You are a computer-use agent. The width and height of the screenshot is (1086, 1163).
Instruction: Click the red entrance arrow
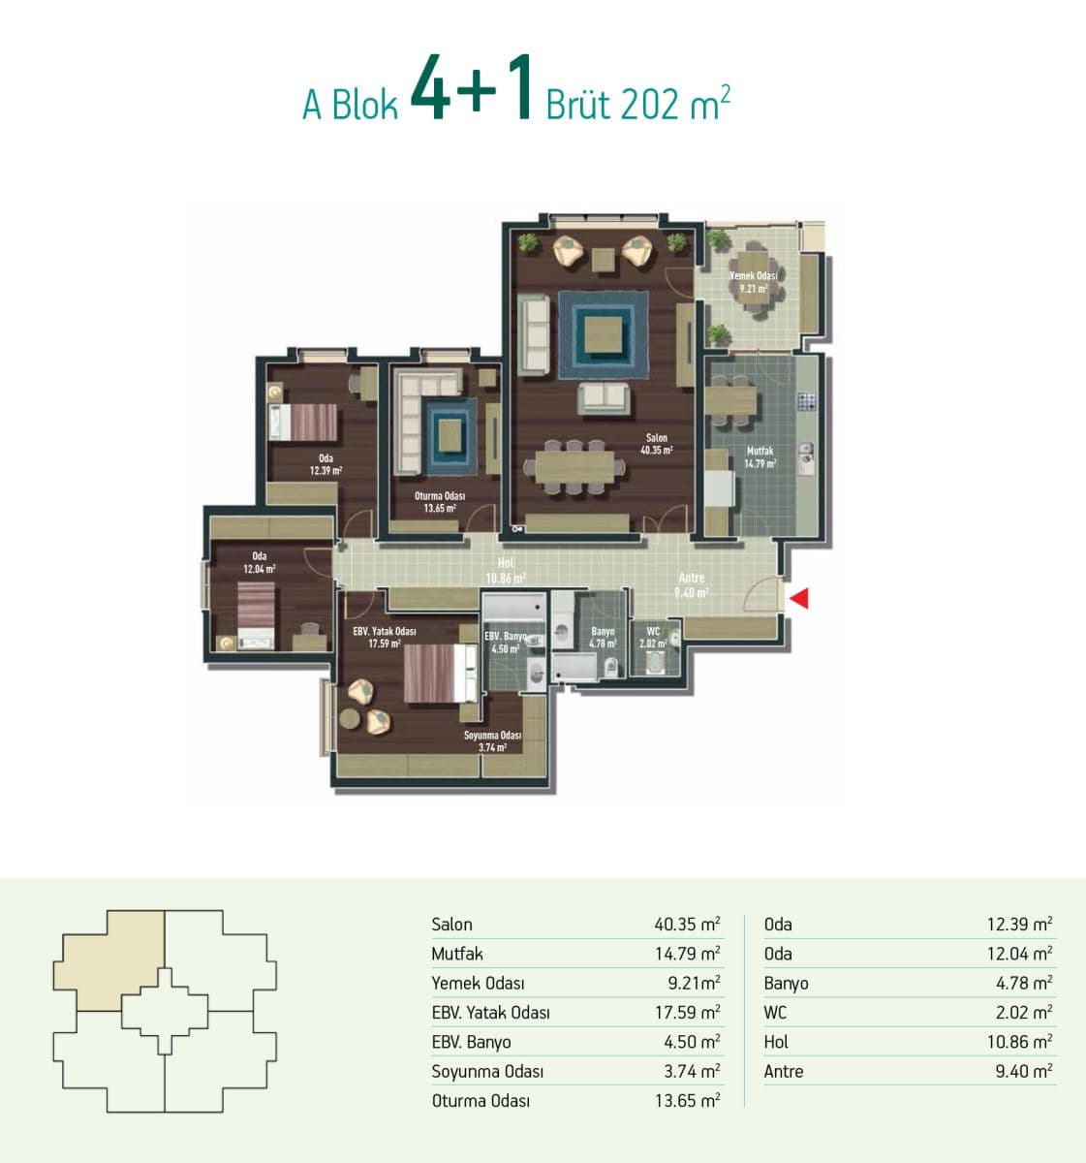[x=800, y=598]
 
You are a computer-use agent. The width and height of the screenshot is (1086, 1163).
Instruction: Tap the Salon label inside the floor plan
[x=656, y=437]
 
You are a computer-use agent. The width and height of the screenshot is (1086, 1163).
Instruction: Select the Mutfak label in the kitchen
[x=760, y=451]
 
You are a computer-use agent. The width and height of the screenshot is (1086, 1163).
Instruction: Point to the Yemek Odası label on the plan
[x=754, y=276]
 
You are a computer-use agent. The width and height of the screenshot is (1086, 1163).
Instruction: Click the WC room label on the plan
[x=653, y=631]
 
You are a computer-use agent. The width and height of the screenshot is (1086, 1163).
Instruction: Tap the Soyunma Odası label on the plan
[x=492, y=735]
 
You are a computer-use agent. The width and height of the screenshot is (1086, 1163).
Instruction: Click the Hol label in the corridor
[x=506, y=563]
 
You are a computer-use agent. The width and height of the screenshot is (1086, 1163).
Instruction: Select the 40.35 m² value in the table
[x=687, y=924]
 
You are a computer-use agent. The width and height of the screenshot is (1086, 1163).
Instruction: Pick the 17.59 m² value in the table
[x=687, y=1012]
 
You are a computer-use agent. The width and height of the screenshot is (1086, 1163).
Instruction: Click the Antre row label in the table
[x=784, y=1071]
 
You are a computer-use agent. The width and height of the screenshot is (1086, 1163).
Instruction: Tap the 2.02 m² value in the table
[x=1024, y=1012]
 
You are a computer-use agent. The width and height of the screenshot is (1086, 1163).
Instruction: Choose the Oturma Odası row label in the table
[x=481, y=1100]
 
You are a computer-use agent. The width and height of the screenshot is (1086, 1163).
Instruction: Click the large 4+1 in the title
[x=471, y=88]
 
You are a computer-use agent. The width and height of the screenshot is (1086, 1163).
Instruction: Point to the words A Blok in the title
[x=350, y=106]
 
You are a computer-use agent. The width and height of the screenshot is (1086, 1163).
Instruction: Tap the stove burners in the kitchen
[x=807, y=401]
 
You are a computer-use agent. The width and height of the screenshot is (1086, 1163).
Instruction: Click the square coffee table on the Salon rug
[x=603, y=335]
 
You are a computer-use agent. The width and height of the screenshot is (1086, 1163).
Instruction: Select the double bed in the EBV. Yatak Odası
[x=440, y=673]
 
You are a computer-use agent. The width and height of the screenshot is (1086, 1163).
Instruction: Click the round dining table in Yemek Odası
[x=754, y=277]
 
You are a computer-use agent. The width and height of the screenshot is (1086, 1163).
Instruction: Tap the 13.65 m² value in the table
[x=687, y=1100]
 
